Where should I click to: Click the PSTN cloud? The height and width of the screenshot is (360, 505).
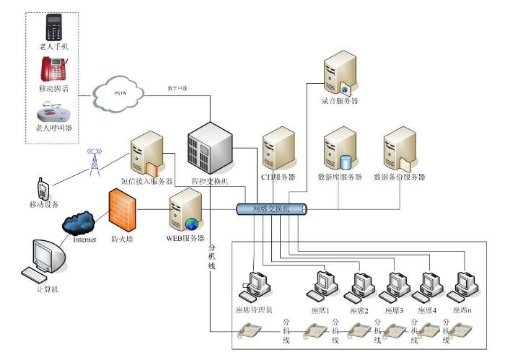click(x=118, y=93)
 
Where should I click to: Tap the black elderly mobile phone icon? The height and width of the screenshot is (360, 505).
click(x=53, y=27)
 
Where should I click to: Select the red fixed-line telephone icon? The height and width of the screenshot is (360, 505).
click(x=54, y=69)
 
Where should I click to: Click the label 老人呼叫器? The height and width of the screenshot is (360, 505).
click(x=54, y=128)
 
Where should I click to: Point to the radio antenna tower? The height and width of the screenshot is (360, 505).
click(x=92, y=162)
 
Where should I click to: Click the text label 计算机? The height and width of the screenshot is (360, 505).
click(x=48, y=289)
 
